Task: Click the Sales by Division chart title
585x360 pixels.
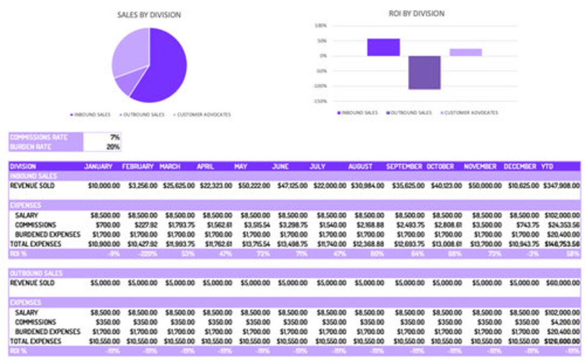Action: pyautogui.click(x=149, y=15)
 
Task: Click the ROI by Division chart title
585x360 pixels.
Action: pyautogui.click(x=417, y=14)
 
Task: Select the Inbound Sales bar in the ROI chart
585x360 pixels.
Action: pyautogui.click(x=383, y=47)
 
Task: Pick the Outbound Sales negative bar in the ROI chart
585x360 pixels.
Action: pyautogui.click(x=424, y=73)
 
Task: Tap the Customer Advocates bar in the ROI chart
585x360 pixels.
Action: pyautogui.click(x=465, y=52)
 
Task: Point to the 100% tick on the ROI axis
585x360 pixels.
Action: pyautogui.click(x=320, y=25)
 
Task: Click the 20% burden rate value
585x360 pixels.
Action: pyautogui.click(x=114, y=147)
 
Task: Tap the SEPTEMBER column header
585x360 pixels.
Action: pyautogui.click(x=404, y=167)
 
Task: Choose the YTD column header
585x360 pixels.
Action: pyautogui.click(x=547, y=167)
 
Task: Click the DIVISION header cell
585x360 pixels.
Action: pyautogui.click(x=23, y=167)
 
